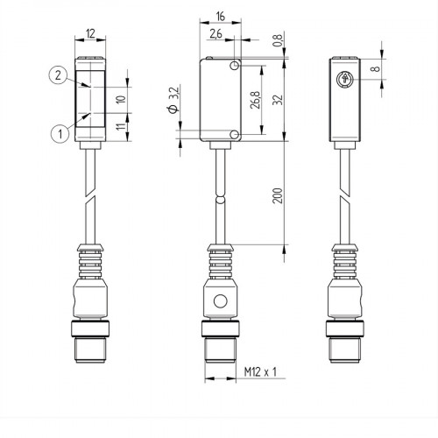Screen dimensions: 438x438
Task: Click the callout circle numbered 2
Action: (x=56, y=76)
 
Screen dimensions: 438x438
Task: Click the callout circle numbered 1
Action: (x=59, y=133)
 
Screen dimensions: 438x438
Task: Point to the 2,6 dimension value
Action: (x=215, y=35)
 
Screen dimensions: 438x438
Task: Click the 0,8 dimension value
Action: (x=278, y=39)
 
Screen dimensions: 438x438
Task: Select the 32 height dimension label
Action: (x=278, y=99)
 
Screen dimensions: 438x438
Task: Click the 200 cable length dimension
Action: (x=278, y=195)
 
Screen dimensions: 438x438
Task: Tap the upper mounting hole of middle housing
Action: (x=234, y=66)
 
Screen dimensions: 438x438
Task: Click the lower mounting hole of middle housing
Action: (x=234, y=132)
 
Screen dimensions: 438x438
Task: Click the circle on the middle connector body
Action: (x=219, y=305)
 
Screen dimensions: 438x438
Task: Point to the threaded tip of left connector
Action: (x=91, y=350)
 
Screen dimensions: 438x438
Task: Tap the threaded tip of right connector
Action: (x=343, y=350)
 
